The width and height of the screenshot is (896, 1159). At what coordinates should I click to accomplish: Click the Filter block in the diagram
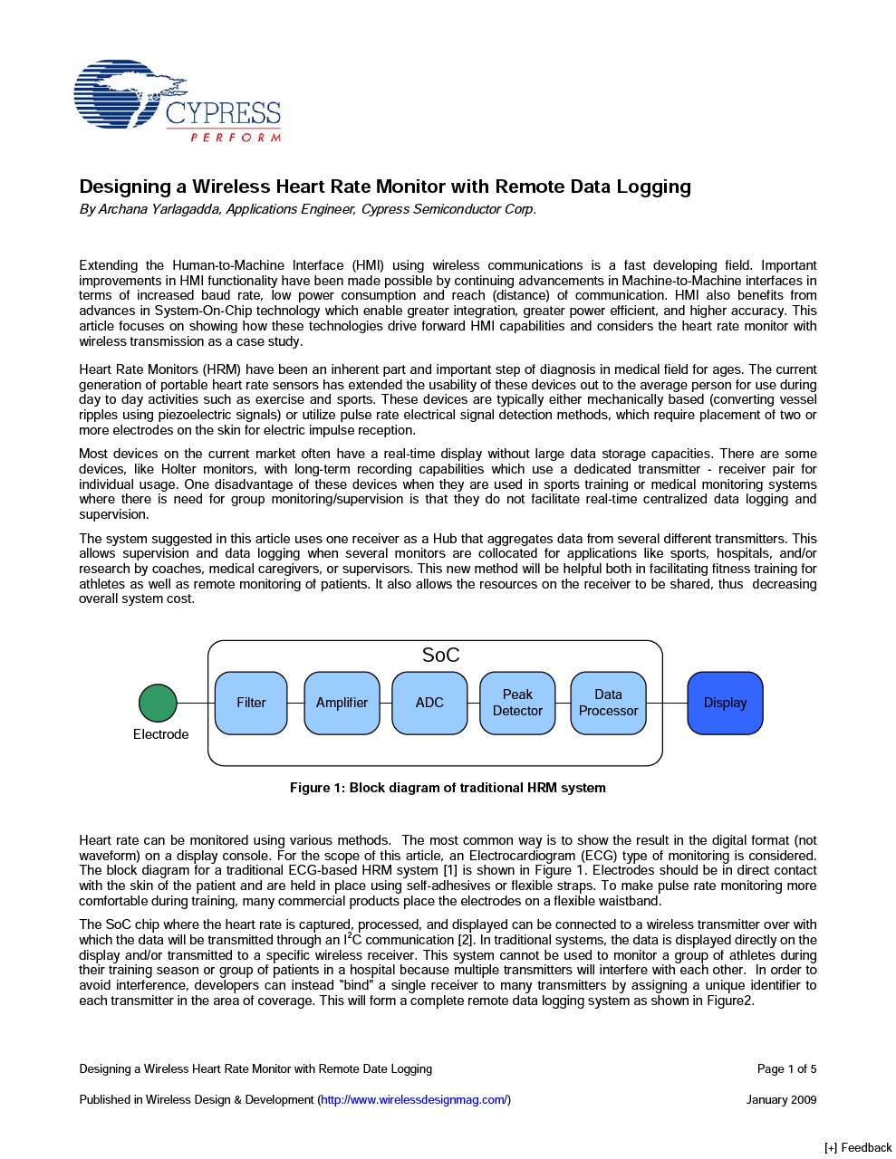point(251,703)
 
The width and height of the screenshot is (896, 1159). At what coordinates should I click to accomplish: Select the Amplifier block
point(342,703)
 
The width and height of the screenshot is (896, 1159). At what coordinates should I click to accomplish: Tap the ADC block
point(429,703)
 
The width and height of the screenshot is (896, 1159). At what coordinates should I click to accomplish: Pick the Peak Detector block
point(517,703)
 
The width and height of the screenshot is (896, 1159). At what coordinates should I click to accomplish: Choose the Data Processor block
point(608,703)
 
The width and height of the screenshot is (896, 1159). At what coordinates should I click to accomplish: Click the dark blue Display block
point(725,703)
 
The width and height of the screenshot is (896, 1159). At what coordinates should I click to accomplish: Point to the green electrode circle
point(158,703)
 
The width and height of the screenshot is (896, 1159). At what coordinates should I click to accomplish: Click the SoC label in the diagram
point(440,656)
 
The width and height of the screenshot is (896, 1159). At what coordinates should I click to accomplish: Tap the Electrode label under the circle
point(160,734)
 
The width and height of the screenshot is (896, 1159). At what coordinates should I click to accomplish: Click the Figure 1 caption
point(448,788)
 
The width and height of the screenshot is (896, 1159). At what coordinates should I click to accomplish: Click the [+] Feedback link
point(858,1148)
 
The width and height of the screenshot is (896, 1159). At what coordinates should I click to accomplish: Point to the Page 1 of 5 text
point(786,1069)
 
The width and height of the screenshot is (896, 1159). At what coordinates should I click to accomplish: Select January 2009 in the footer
point(781,1100)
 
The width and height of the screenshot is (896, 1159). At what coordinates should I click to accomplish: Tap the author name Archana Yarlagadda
point(158,209)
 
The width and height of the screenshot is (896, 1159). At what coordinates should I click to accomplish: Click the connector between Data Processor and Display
point(667,703)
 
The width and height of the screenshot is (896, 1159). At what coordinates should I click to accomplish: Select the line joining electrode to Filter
point(196,703)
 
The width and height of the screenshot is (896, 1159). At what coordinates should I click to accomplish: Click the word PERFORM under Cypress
point(236,138)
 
